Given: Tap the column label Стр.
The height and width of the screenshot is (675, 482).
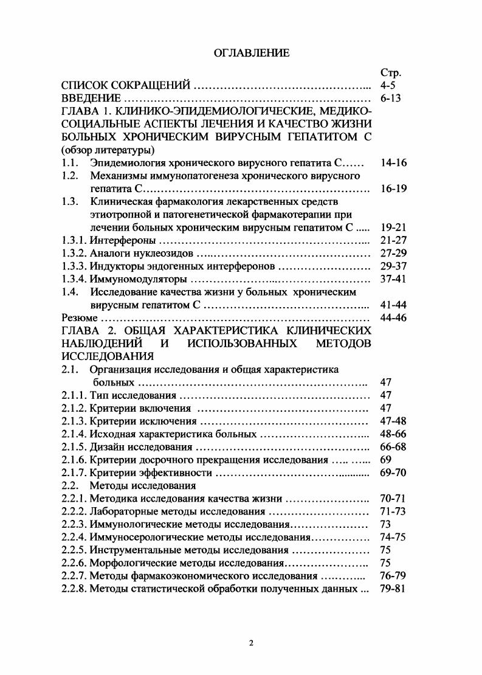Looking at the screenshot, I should click(389, 74).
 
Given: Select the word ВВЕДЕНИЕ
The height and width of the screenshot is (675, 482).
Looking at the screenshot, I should click(92, 99).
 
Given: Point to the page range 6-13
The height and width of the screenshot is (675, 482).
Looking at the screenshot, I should click(390, 99).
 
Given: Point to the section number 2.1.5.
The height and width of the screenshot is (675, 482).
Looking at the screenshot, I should click(75, 447).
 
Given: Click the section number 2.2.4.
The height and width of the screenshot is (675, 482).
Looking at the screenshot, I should click(75, 537).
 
